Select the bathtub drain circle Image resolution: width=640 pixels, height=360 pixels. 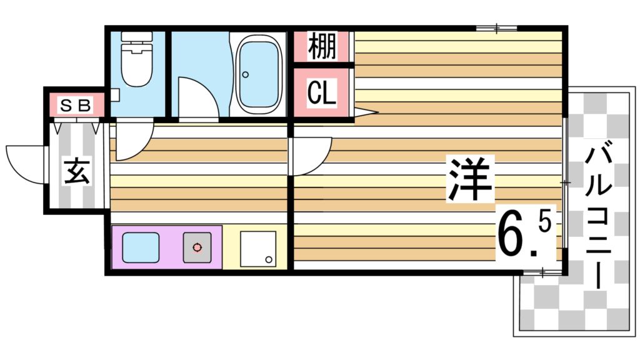coord(246,74)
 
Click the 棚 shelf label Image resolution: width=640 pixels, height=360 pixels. coord(322,46)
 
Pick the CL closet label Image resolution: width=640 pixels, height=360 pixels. coord(322,93)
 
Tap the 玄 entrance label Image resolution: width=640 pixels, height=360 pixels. coord(76,171)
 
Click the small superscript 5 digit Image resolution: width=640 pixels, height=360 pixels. coord(544,222)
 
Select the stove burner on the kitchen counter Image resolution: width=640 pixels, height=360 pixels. coord(197,247)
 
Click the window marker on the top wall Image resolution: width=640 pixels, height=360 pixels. coord(497,27)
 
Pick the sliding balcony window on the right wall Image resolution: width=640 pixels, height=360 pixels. coord(565,182)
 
